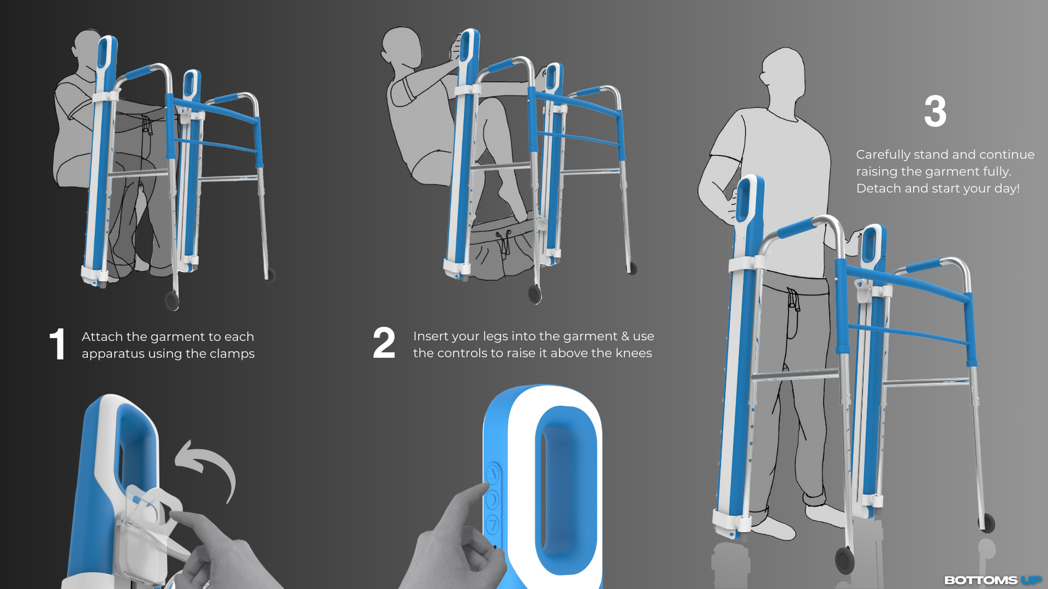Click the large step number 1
57,344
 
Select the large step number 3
935,111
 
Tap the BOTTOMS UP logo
993,580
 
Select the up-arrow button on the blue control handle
492,474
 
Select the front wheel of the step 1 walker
172,300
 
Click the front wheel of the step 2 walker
534,294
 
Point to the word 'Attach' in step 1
102,336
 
